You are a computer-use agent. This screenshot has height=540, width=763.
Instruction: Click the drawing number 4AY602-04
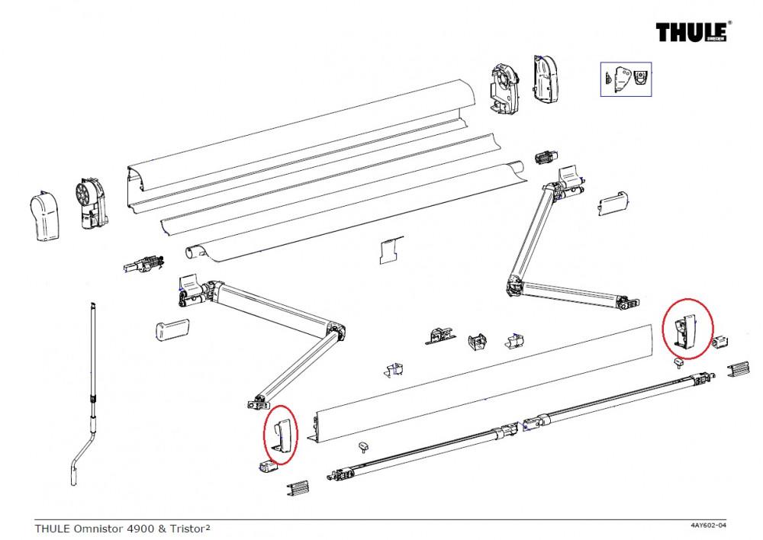point(703,526)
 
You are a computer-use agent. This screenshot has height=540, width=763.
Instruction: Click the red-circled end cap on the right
point(687,328)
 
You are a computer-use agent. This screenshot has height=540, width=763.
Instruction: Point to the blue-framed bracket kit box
point(626,79)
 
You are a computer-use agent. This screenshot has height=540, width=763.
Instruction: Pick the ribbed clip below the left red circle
point(298,487)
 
